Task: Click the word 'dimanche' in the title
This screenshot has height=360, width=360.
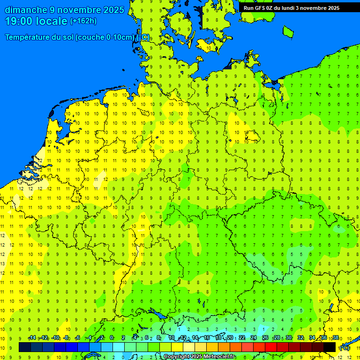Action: (25, 10)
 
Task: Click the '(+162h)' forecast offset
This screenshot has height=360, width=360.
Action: (83, 21)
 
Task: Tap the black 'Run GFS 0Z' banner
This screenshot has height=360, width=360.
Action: (291, 7)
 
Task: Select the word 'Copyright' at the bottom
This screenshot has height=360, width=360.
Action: (177, 357)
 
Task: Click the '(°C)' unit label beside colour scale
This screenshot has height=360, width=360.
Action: (345, 348)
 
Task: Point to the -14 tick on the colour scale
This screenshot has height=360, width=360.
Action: (32, 338)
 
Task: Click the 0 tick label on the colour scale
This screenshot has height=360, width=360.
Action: (112, 338)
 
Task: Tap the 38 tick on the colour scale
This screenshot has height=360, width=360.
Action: (335, 338)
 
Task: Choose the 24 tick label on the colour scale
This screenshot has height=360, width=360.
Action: (254, 338)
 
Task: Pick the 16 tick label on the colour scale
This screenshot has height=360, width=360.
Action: (206, 338)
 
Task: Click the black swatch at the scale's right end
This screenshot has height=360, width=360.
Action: (330, 347)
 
